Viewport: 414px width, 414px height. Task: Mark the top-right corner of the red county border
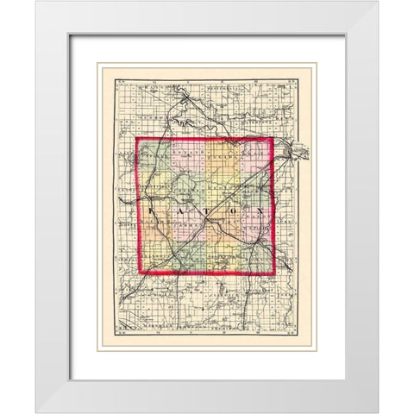pos(273,139)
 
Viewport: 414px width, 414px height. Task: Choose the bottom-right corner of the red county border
pos(273,275)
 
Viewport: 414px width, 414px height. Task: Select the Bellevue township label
pos(156,258)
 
